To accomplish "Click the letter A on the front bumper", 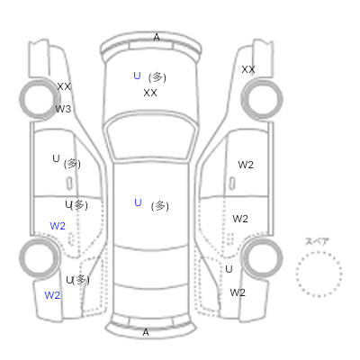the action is pyautogui.click(x=157, y=38).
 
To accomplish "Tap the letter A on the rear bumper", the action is pyautogui.click(x=146, y=332).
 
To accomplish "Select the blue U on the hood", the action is pyautogui.click(x=137, y=76).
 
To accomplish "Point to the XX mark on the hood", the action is pyautogui.click(x=150, y=93).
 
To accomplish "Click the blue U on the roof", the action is pyautogui.click(x=138, y=202).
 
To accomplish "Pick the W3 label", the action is pyautogui.click(x=63, y=109).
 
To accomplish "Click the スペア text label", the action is pyautogui.click(x=317, y=241).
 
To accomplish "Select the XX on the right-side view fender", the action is pyautogui.click(x=248, y=69).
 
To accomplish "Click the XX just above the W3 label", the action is pyautogui.click(x=64, y=86).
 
